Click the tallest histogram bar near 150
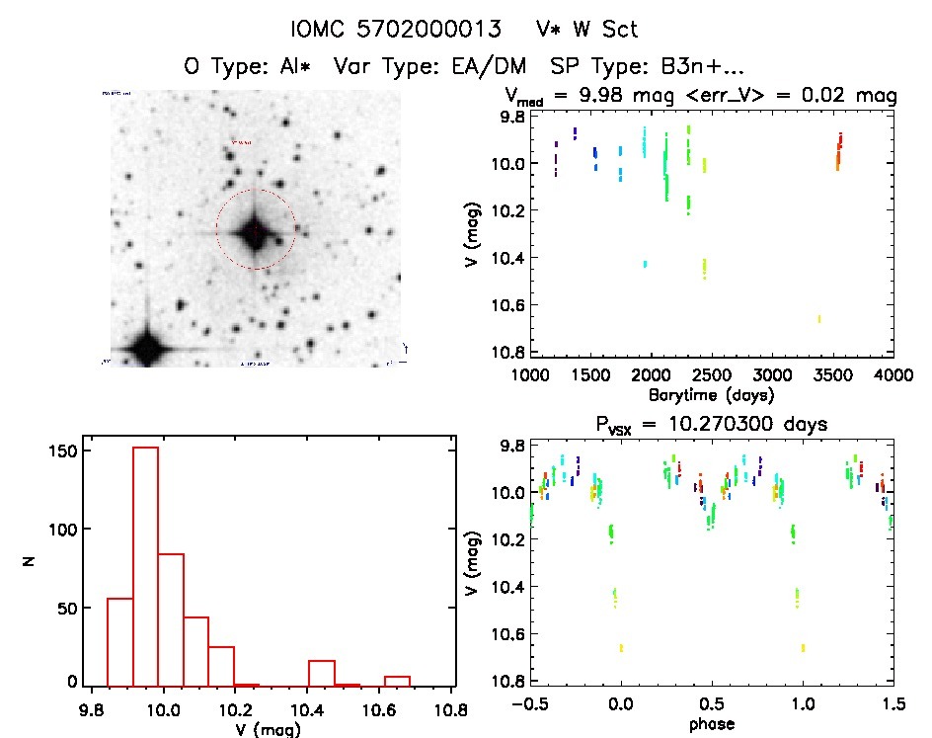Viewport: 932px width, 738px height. (x=145, y=563)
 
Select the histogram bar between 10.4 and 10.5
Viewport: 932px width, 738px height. (x=322, y=673)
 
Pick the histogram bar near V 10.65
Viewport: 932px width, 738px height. (x=397, y=680)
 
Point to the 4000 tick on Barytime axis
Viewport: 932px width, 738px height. (x=893, y=375)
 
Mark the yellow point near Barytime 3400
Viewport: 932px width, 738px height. (x=818, y=318)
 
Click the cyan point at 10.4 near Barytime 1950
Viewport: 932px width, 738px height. (x=645, y=264)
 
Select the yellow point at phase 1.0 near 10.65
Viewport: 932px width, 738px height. (x=803, y=647)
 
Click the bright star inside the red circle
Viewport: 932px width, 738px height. (x=255, y=231)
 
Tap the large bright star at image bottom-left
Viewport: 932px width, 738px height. (x=147, y=348)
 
